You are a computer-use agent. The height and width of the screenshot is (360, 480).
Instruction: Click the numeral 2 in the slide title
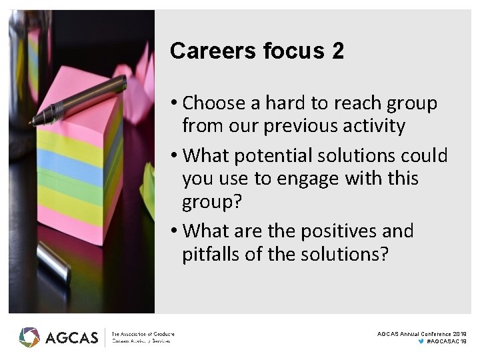(x=337, y=51)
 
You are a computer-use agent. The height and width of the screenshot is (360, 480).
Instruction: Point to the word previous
(x=313, y=126)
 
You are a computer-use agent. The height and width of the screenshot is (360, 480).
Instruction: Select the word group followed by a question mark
(x=210, y=203)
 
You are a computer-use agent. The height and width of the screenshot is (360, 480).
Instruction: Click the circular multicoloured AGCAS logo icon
(x=29, y=337)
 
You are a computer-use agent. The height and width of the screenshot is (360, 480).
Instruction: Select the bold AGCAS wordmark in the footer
(x=71, y=337)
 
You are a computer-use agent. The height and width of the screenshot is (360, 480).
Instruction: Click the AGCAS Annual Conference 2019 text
(x=421, y=333)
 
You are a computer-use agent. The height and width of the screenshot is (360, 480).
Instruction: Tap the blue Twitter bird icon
(x=421, y=341)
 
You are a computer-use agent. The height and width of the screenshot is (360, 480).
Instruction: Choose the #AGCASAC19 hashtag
(x=446, y=341)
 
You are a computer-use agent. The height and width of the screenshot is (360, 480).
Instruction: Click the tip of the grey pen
(x=33, y=121)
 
